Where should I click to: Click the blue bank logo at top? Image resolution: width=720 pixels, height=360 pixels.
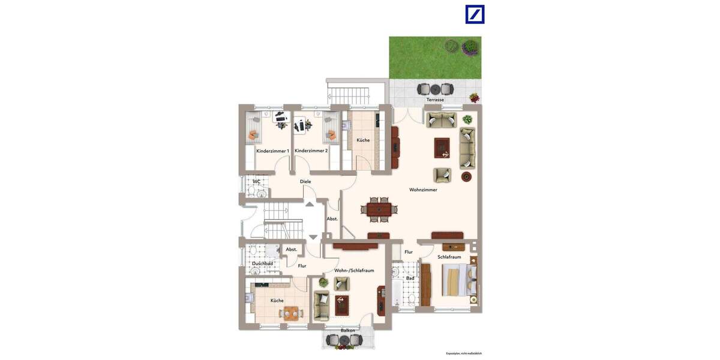(475, 14)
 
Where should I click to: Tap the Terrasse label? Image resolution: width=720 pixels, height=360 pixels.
(435, 100)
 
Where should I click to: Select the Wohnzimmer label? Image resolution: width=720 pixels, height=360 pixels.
(423, 190)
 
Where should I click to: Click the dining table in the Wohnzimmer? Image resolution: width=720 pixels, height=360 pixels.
(379, 209)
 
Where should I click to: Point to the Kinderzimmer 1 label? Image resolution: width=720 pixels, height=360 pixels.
(272, 151)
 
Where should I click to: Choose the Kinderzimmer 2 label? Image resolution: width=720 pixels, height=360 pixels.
(311, 151)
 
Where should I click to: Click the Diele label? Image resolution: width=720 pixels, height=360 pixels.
(305, 181)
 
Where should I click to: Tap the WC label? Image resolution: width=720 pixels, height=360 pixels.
(256, 181)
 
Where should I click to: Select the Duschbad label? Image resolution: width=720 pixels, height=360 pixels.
(262, 263)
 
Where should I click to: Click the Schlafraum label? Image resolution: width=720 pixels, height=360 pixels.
(449, 257)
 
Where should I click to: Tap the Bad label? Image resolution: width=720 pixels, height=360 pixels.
(410, 278)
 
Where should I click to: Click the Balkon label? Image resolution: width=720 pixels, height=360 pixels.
(347, 331)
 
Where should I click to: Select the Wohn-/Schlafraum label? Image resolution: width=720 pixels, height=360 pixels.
(354, 271)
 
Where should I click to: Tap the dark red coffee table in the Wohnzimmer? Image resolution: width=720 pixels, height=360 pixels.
(442, 147)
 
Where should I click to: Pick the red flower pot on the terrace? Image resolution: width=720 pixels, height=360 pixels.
(474, 97)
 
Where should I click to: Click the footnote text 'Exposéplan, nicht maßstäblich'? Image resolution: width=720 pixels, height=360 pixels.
(463, 353)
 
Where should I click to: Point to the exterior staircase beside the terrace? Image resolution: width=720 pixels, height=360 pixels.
(347, 94)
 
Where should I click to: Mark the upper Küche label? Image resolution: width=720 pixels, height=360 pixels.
(363, 140)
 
